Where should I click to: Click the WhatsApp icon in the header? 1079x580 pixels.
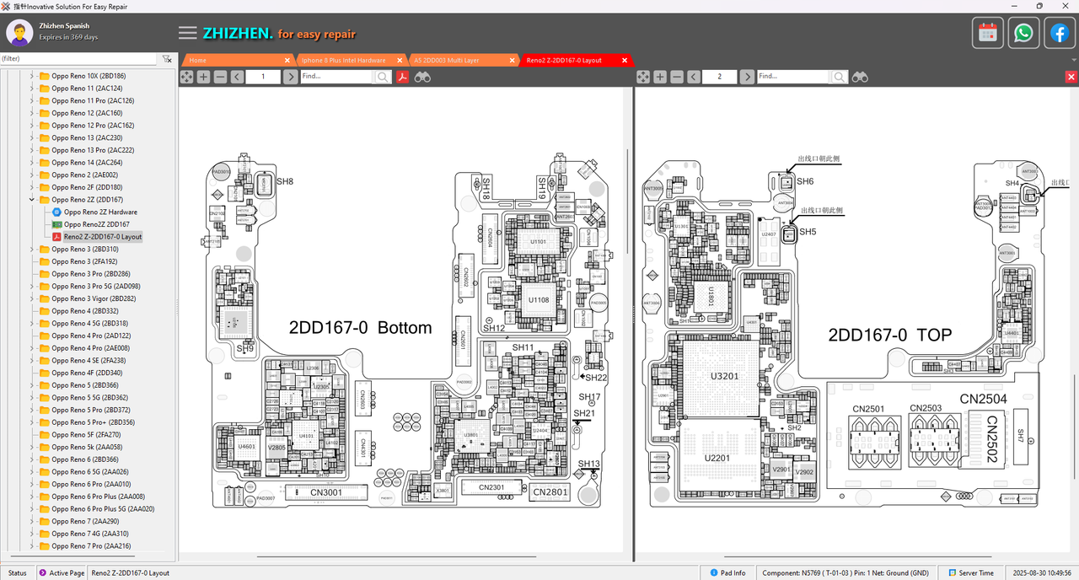(x=1023, y=33)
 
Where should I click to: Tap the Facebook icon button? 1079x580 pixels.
(x=1059, y=33)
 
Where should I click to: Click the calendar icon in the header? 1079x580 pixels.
(x=988, y=33)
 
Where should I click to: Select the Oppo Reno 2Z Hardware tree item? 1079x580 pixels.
(x=100, y=212)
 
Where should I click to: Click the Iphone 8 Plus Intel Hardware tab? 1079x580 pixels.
(x=343, y=61)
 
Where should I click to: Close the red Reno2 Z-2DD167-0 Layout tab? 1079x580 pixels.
(x=625, y=61)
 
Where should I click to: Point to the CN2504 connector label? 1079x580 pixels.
(x=983, y=399)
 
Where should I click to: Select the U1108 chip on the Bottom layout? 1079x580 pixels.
(x=539, y=299)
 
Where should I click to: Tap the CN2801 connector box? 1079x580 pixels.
(x=550, y=491)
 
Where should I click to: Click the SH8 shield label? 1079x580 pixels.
(x=285, y=181)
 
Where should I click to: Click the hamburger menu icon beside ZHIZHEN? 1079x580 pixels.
(x=188, y=33)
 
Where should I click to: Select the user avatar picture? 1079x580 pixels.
(x=19, y=33)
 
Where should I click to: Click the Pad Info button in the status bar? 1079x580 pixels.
(x=727, y=573)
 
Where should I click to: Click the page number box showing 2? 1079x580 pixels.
(x=720, y=77)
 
